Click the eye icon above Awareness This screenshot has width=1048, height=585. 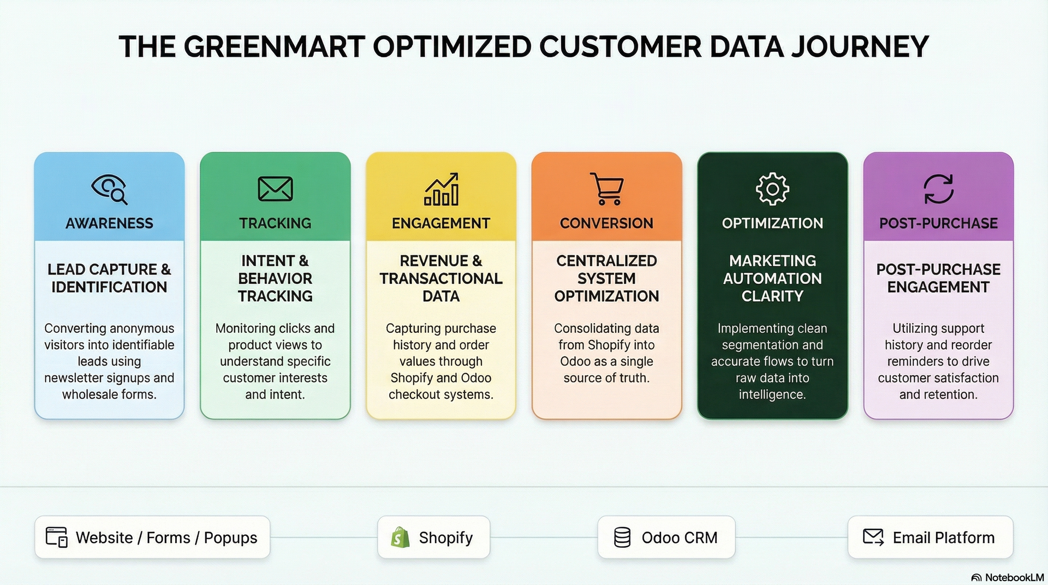coord(109,189)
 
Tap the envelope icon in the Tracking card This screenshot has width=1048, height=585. coord(275,189)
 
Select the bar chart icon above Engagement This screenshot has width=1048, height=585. coord(442,189)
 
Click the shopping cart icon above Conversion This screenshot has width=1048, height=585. coord(606,189)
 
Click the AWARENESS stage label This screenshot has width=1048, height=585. coord(109,223)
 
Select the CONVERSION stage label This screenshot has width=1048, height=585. coord(606,223)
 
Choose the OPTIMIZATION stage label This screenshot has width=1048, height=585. coord(772,223)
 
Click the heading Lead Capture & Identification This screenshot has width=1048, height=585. coord(109,278)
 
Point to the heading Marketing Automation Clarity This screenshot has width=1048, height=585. coord(772,278)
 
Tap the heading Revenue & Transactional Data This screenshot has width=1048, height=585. coord(441,278)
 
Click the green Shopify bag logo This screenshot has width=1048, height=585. coord(400,537)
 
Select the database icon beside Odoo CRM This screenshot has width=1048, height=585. coord(622,538)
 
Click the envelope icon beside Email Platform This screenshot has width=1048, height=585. coord(873,537)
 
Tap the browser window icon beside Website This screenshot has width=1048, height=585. coord(56,537)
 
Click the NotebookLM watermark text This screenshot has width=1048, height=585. coord(1014,577)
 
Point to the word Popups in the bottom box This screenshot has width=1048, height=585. coord(230,538)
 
